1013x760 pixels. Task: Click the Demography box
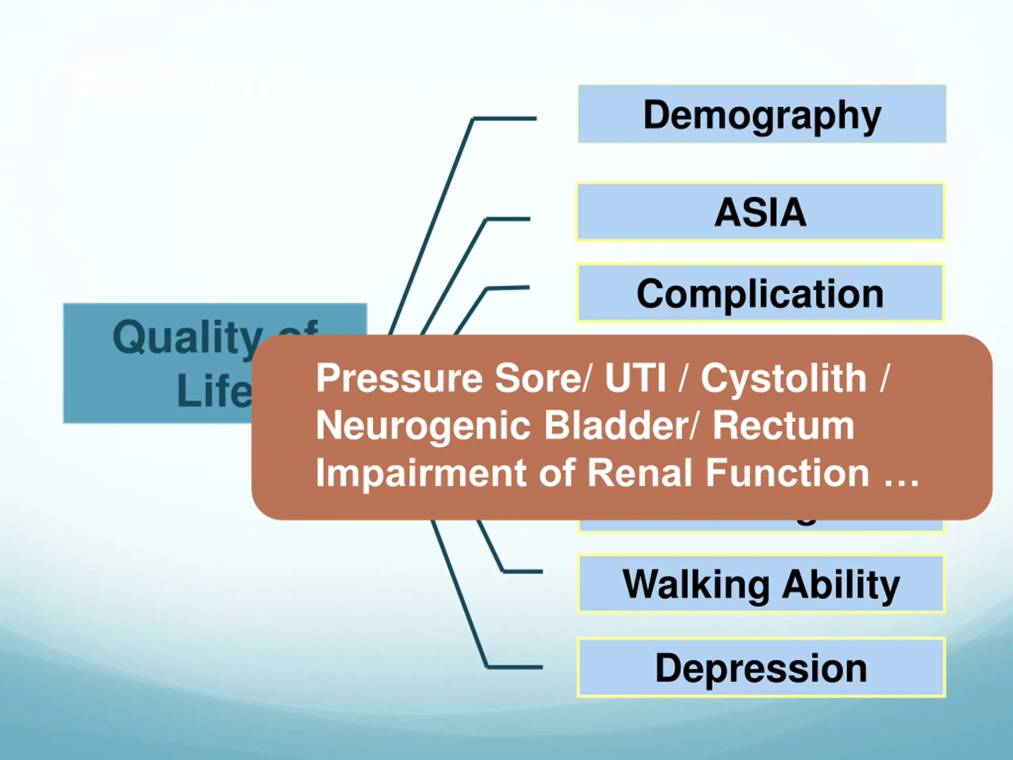[x=762, y=114]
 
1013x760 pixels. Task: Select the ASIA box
[x=760, y=212]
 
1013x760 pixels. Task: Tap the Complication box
[x=760, y=293]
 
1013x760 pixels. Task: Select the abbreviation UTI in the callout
[x=635, y=378]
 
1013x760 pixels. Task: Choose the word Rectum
[x=783, y=426]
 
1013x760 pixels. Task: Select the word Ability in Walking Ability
[x=841, y=584]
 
